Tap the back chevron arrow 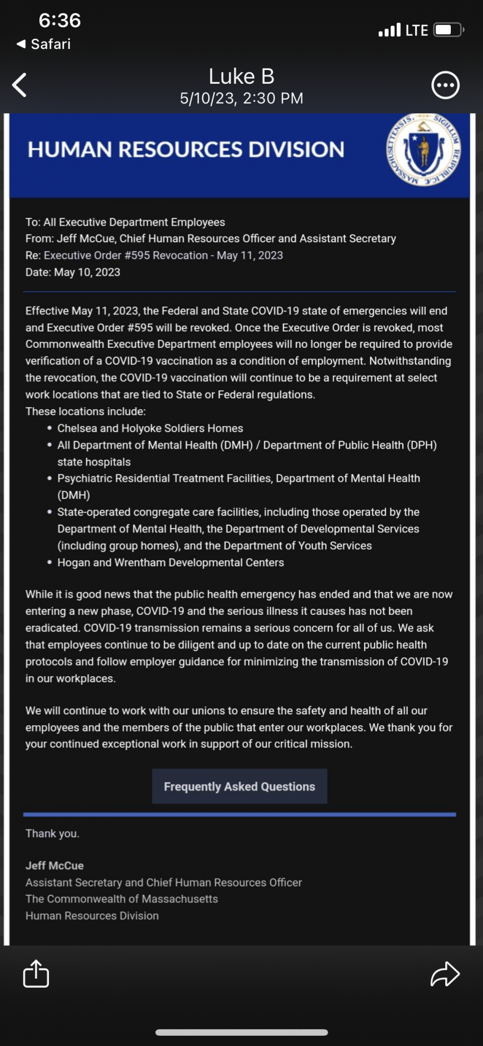click(20, 85)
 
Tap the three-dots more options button click(445, 85)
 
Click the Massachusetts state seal click(423, 150)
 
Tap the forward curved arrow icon click(445, 973)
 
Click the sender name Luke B click(241, 77)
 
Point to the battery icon click(448, 30)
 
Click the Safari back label click(44, 44)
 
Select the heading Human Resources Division click(186, 150)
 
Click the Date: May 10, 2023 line click(73, 272)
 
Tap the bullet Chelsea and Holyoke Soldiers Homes click(150, 428)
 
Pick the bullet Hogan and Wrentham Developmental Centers click(171, 562)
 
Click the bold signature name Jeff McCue click(55, 865)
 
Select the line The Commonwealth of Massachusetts click(122, 898)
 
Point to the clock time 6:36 click(60, 20)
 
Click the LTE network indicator click(416, 31)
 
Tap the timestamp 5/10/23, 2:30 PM click(241, 98)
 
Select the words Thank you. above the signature click(53, 834)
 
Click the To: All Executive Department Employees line click(125, 222)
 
